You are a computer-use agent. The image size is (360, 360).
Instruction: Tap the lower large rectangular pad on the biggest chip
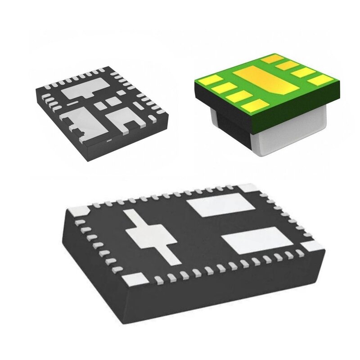(x=258, y=239)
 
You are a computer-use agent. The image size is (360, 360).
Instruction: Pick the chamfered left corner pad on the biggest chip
(x=80, y=210)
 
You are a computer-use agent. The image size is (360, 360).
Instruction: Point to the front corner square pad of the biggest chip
(x=134, y=279)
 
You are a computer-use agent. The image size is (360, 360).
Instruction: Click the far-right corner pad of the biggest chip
(x=312, y=246)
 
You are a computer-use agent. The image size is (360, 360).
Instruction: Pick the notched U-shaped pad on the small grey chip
(x=121, y=118)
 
